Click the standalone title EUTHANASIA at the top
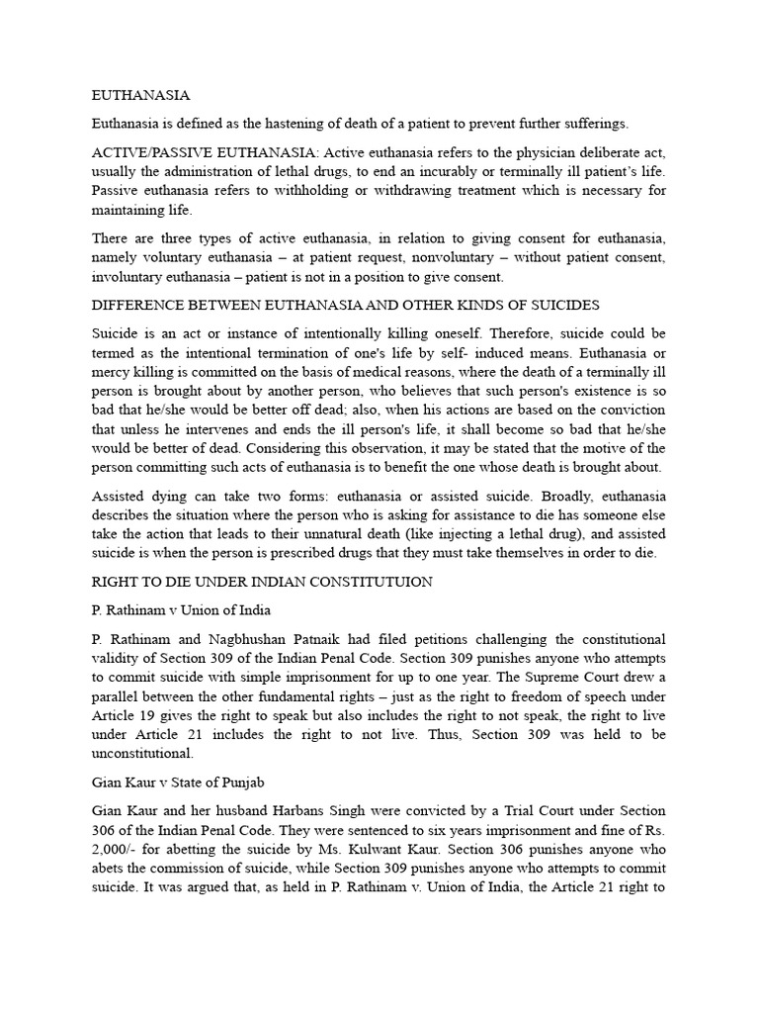[x=140, y=96]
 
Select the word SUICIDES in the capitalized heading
[x=562, y=305]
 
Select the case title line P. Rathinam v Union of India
[x=181, y=609]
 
